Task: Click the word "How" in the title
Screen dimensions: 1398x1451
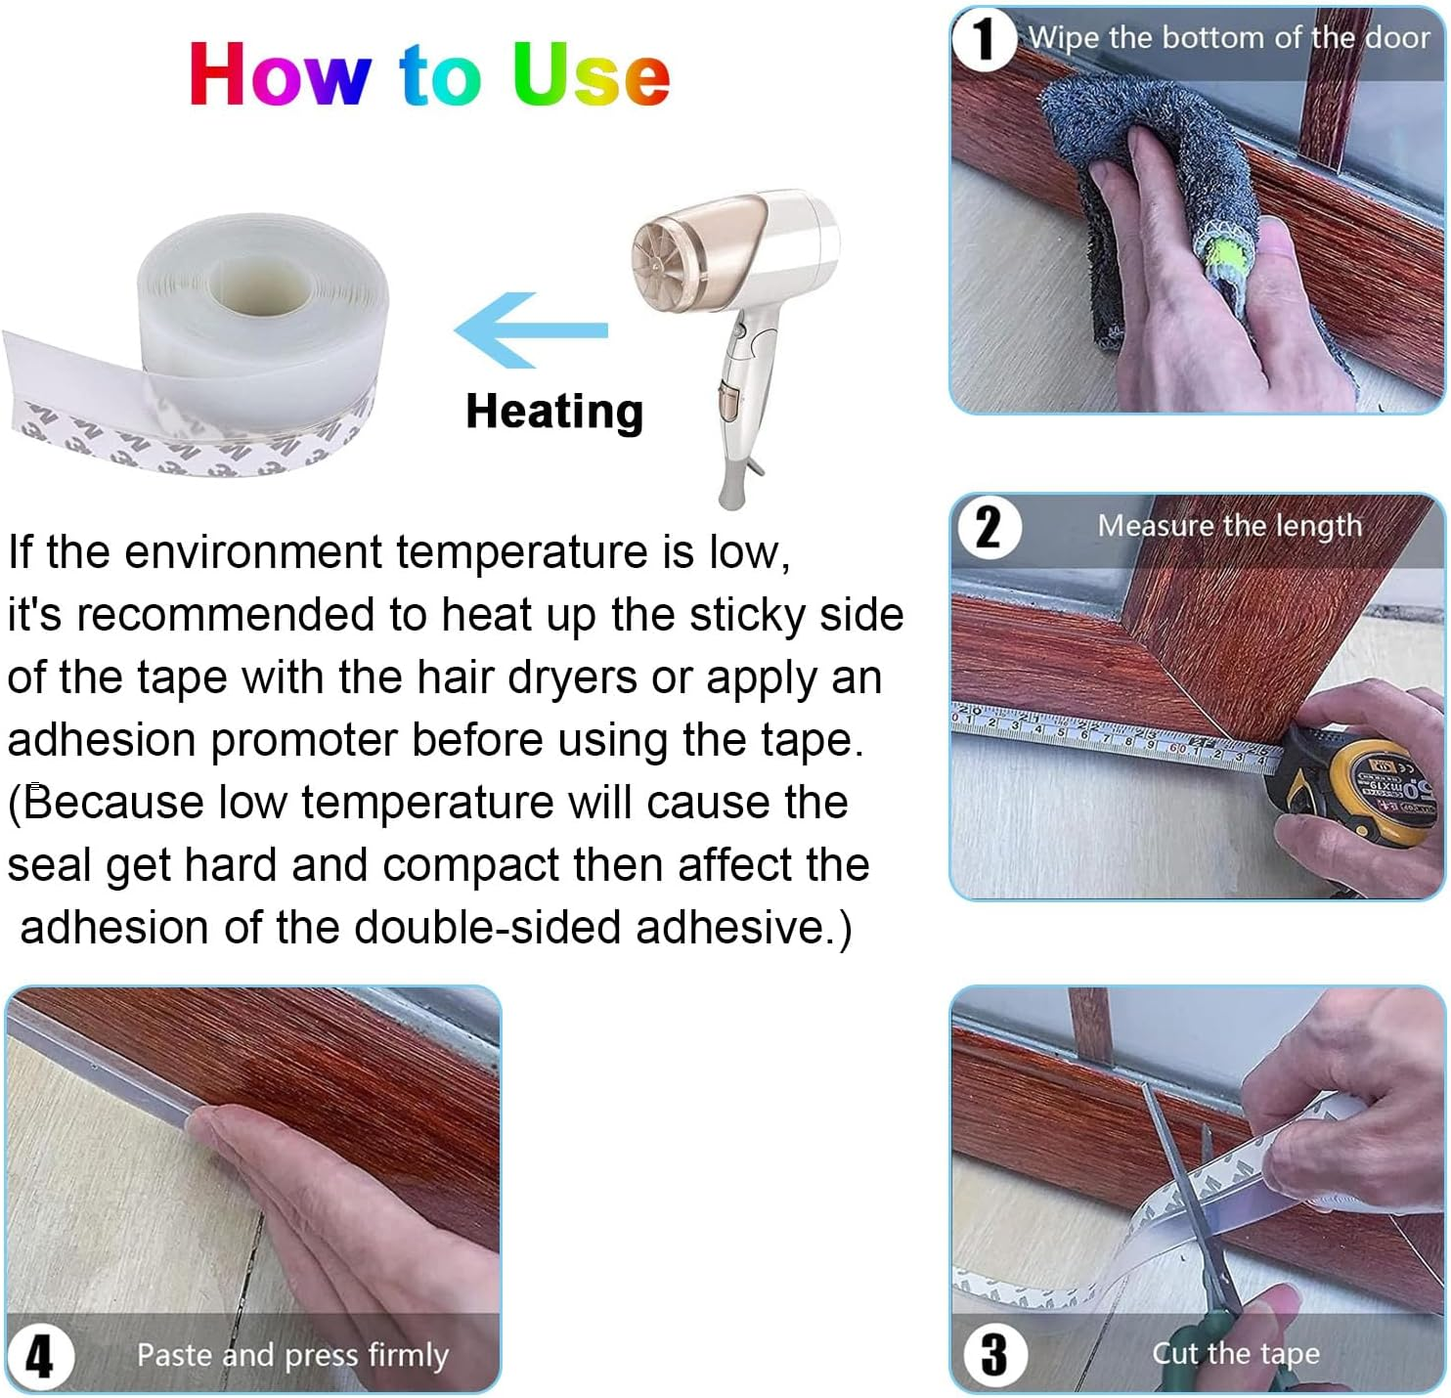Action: (x=280, y=74)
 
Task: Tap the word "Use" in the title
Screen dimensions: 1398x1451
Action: (x=591, y=74)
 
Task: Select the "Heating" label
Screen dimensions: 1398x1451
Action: (x=554, y=412)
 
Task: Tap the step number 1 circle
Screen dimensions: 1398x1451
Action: (x=984, y=40)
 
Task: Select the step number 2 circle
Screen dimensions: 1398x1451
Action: (x=988, y=528)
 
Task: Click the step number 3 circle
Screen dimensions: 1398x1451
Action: (x=994, y=1354)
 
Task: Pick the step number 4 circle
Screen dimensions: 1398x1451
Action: (x=40, y=1356)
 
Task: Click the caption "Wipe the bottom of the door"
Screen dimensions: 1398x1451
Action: (x=1228, y=38)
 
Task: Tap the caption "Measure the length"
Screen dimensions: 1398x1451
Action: (x=1229, y=526)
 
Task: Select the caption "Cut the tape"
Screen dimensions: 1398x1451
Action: (x=1235, y=1353)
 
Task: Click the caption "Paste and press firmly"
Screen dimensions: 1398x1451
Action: (x=292, y=1355)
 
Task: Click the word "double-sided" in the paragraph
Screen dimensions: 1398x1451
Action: (x=487, y=927)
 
